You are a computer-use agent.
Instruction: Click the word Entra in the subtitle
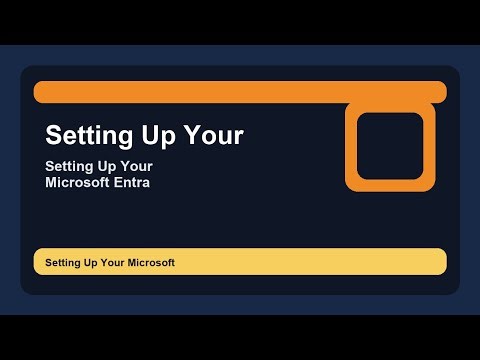pos(131,183)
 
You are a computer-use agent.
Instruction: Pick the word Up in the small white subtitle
pos(109,166)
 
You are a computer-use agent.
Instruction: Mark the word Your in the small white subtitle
pos(137,166)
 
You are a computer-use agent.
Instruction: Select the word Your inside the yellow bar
pos(111,262)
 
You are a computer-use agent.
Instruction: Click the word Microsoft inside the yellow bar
pos(151,262)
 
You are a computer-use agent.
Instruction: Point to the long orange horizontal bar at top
pos(200,92)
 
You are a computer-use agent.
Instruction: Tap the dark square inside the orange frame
pos(390,145)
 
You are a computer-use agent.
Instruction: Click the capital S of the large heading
pos(54,134)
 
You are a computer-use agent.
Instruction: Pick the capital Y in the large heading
pos(199,134)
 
